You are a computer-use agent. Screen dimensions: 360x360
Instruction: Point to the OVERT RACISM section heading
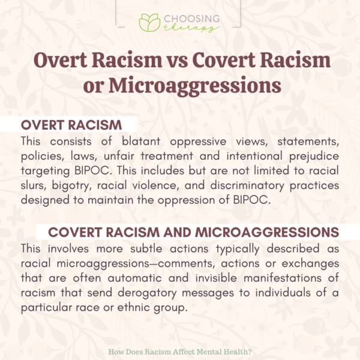coord(71,125)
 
